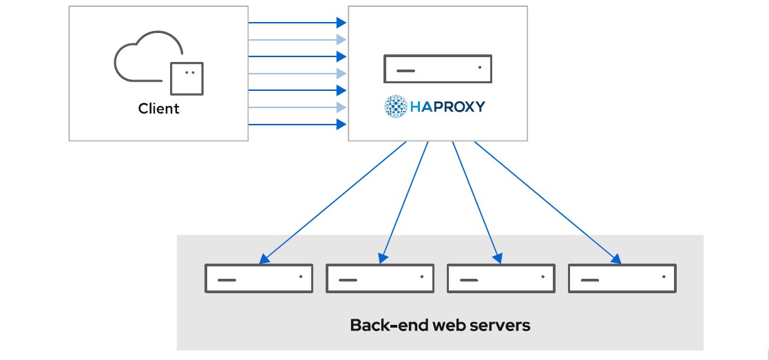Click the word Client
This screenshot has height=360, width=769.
(x=158, y=109)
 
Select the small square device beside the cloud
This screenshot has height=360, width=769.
(x=187, y=78)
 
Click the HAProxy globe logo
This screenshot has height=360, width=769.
(x=396, y=107)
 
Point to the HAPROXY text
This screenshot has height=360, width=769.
(x=447, y=107)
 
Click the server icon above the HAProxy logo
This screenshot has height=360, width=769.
(x=438, y=70)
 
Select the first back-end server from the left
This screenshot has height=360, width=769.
(x=259, y=279)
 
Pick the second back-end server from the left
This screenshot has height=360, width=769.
(x=380, y=279)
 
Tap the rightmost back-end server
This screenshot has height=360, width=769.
(x=622, y=279)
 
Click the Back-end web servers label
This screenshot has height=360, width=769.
(x=440, y=325)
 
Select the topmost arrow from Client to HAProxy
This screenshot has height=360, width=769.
(x=296, y=23)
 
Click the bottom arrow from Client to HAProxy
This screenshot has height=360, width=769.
(x=296, y=125)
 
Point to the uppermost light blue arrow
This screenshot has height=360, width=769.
(x=296, y=39)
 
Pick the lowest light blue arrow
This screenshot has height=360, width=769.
(x=296, y=107)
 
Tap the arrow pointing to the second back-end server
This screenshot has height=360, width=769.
(x=404, y=203)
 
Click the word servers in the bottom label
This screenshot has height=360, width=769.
(x=497, y=325)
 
